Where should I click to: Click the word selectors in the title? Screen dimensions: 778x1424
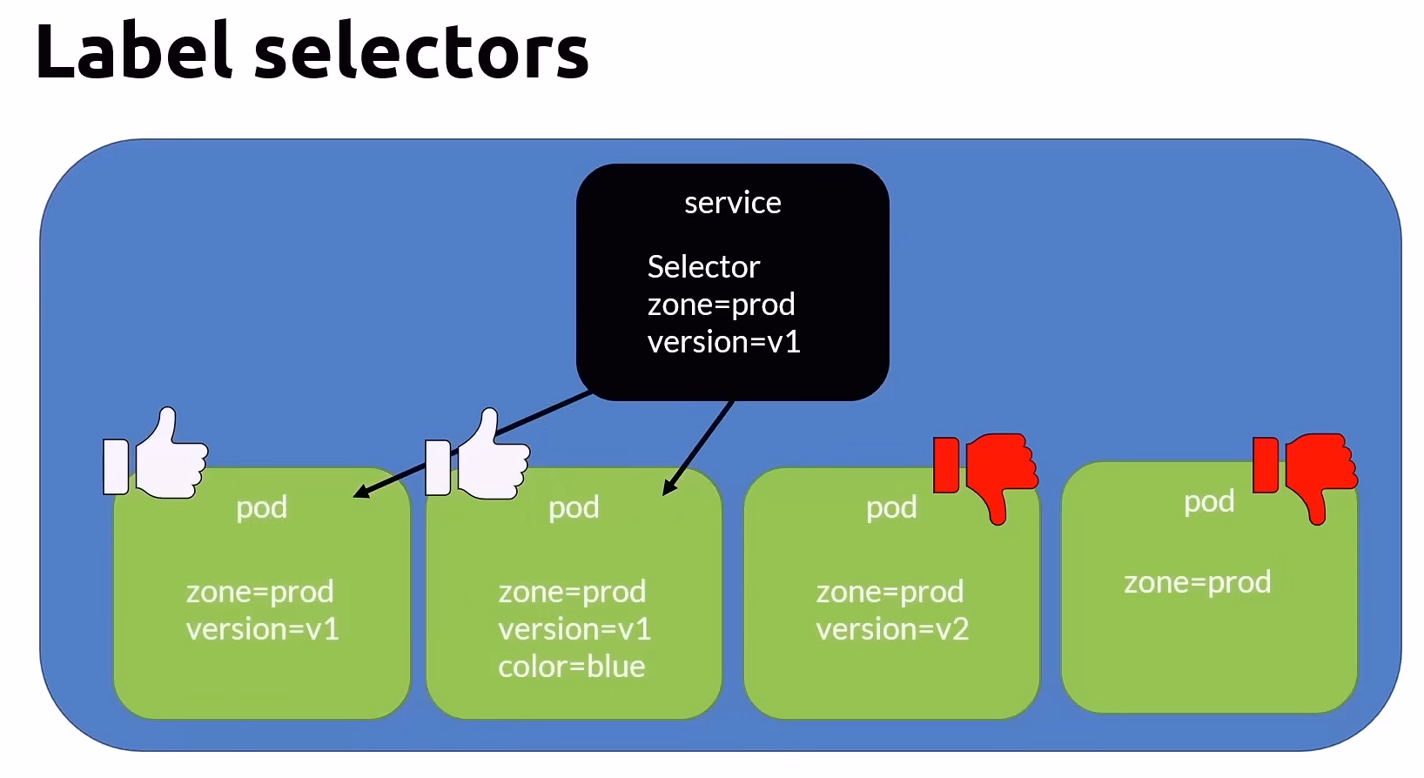point(421,51)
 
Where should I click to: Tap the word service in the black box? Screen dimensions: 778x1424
point(732,203)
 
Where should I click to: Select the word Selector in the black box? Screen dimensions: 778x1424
point(703,266)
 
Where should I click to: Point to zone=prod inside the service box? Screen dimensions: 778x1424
point(721,305)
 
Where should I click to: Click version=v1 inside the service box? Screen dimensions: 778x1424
point(723,342)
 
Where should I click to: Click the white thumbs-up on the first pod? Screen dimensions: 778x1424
point(158,457)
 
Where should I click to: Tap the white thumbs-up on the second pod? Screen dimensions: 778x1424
point(479,458)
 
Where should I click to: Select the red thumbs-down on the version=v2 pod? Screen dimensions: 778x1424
point(986,474)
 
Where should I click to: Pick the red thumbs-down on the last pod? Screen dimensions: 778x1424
point(1306,474)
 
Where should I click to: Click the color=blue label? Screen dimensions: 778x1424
point(571,667)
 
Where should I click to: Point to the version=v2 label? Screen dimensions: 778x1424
point(891,629)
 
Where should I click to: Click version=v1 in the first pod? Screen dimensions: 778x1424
point(262,629)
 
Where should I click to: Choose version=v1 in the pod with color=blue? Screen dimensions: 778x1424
point(574,629)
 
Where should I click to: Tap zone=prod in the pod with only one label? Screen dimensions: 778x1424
point(1197,582)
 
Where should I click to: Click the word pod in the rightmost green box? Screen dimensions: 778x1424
point(1209,501)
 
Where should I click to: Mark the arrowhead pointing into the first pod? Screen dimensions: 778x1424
point(361,493)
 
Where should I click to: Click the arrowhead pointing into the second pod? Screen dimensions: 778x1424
point(668,488)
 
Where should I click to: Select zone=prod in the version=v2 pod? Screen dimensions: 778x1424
point(890,592)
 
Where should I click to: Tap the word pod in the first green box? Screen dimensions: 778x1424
point(261,507)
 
